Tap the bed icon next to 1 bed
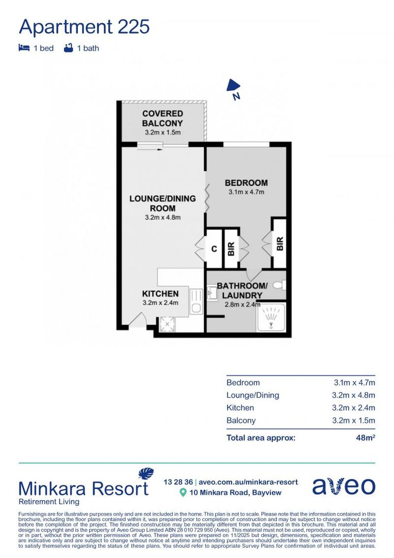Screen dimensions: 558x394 pyautogui.click(x=24, y=48)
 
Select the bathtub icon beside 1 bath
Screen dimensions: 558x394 pyautogui.click(x=68, y=48)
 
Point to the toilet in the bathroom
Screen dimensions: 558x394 pyautogui.click(x=279, y=285)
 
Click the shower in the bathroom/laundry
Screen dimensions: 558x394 pyautogui.click(x=271, y=317)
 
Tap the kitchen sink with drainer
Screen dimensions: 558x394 pyautogui.click(x=195, y=302)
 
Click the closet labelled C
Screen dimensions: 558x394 pyautogui.click(x=214, y=249)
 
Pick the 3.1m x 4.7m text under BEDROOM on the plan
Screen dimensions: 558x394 pyautogui.click(x=246, y=192)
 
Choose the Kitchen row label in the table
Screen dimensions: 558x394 pyautogui.click(x=240, y=408)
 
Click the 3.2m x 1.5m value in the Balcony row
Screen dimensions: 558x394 pyautogui.click(x=354, y=420)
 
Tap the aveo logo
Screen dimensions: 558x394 pyautogui.click(x=343, y=486)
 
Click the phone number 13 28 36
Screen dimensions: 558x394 pyautogui.click(x=177, y=482)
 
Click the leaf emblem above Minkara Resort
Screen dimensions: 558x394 pyautogui.click(x=146, y=474)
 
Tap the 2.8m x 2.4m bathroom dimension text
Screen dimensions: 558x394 pyautogui.click(x=242, y=304)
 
